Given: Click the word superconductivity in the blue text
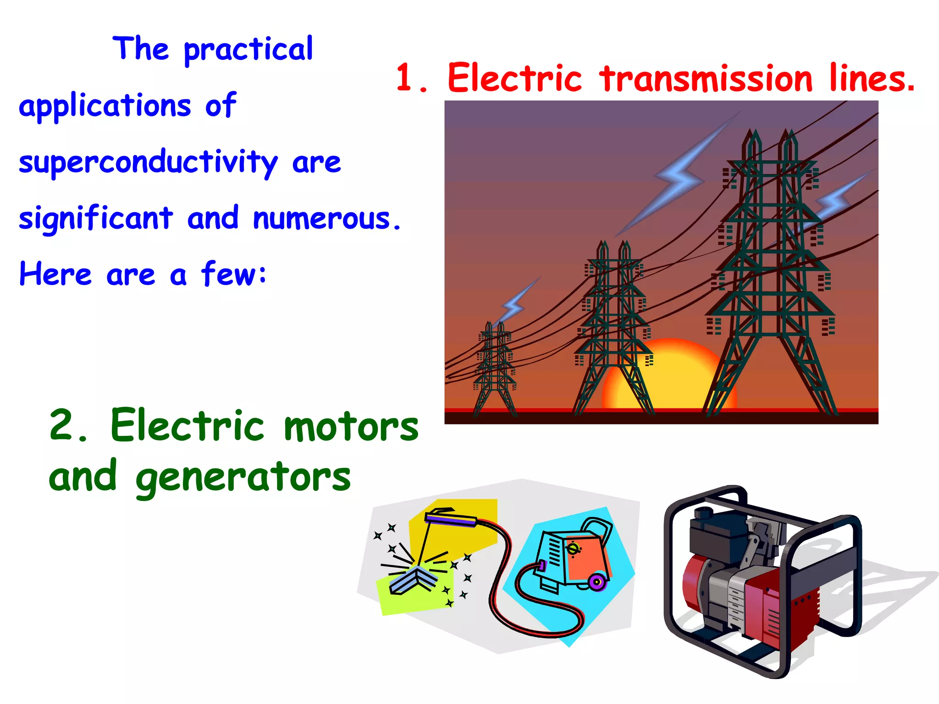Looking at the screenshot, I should (x=148, y=163).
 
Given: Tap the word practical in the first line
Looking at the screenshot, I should (x=248, y=49).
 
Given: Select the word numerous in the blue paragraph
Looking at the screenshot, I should (x=326, y=219).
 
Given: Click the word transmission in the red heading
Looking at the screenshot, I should (x=706, y=79).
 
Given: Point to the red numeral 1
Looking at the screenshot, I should (x=406, y=78).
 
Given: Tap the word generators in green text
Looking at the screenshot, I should (x=243, y=478).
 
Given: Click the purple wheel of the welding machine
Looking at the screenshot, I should (x=597, y=583).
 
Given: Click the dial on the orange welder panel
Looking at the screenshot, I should (x=573, y=549).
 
